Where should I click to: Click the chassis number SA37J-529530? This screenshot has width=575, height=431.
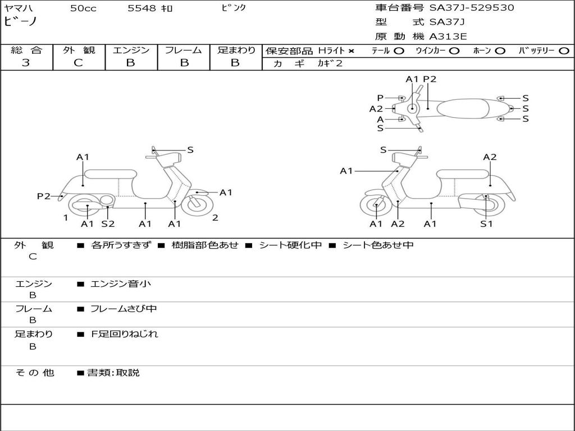tap(472, 8)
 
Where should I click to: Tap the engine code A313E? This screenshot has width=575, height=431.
tap(448, 36)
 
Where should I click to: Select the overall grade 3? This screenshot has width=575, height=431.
tap(26, 63)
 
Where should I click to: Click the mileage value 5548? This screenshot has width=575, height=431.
tap(142, 8)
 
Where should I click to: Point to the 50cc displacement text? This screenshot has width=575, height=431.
tap(83, 8)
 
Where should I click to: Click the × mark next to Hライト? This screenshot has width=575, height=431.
tap(352, 51)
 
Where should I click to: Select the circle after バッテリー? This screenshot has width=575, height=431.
tap(564, 51)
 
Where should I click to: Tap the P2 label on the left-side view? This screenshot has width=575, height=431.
tap(44, 196)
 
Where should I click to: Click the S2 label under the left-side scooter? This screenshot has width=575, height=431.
tap(108, 223)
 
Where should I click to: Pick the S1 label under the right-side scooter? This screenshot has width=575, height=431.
tap(486, 223)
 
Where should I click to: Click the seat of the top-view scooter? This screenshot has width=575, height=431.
tap(463, 108)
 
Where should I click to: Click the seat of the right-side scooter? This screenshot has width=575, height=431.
tap(463, 175)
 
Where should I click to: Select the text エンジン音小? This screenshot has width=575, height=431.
tap(121, 283)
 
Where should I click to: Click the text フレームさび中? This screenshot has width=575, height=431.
tap(124, 309)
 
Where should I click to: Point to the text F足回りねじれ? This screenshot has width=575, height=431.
tap(124, 334)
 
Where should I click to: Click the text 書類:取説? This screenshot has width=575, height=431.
tap(113, 373)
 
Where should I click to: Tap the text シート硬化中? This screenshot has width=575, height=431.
tap(290, 245)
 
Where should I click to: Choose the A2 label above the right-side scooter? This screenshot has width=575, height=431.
tap(490, 157)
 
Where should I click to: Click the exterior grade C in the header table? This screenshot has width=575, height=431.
tap(79, 63)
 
